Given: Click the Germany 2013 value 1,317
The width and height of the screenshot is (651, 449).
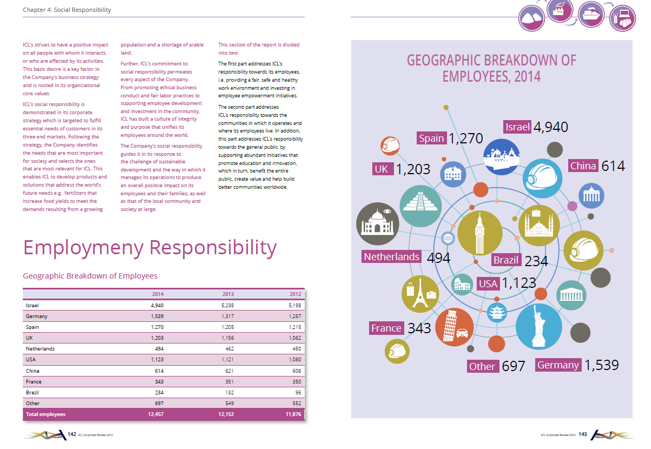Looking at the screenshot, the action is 228,316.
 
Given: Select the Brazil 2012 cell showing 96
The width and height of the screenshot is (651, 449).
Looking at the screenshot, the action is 298,392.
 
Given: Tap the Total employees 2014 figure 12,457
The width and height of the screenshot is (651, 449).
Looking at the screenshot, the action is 155,414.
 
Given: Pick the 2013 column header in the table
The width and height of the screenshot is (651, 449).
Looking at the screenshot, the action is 228,294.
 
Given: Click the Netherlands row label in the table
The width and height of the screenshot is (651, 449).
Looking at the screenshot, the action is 40,349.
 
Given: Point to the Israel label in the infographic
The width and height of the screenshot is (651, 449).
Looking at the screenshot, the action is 517,127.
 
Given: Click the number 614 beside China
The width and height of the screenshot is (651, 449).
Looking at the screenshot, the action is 613,166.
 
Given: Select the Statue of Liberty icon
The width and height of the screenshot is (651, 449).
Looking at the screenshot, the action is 538,326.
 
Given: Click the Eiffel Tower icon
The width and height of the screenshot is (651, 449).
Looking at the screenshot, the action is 420,294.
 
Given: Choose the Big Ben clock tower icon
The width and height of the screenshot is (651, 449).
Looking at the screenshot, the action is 480,233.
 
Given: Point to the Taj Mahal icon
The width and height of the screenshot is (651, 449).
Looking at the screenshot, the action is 378,224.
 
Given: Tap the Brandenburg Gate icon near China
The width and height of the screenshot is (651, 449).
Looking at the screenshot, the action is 591,196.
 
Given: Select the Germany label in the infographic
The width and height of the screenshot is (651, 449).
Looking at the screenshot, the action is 558,365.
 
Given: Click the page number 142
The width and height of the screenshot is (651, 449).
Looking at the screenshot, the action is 72,434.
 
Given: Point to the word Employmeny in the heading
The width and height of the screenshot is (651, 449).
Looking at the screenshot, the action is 83,248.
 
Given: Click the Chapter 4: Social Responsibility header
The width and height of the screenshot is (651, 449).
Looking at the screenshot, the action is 67,10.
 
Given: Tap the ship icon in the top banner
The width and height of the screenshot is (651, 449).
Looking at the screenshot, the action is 591,15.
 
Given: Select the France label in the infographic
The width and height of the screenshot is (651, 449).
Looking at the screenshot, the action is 386,328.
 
